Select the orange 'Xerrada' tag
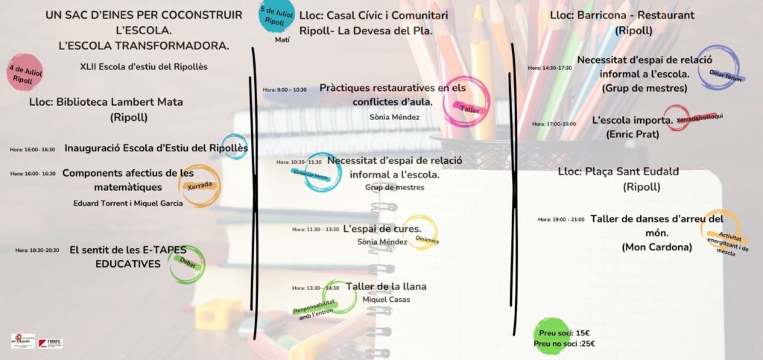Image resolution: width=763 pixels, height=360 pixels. click(x=200, y=186)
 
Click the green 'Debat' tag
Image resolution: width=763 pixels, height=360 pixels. click(x=186, y=262)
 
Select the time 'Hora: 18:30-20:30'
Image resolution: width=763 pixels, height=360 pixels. click(x=37, y=250)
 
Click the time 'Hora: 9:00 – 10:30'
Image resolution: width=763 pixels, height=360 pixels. click(x=285, y=89)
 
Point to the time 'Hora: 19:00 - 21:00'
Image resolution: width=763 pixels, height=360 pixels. click(x=561, y=220)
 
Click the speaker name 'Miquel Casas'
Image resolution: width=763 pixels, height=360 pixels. click(x=386, y=300)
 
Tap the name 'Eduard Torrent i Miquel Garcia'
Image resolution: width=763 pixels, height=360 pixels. click(x=127, y=203)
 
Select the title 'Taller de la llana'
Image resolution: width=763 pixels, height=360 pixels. click(x=386, y=286)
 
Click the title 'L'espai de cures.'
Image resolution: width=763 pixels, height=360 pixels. click(x=382, y=229)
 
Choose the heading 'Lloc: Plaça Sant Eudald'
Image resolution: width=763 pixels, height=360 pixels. click(x=618, y=172)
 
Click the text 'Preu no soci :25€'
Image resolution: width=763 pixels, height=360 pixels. click(x=564, y=344)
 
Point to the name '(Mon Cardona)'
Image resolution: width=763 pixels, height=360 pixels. click(x=656, y=247)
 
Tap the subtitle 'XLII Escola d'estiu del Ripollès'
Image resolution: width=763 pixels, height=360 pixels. click(x=144, y=66)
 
